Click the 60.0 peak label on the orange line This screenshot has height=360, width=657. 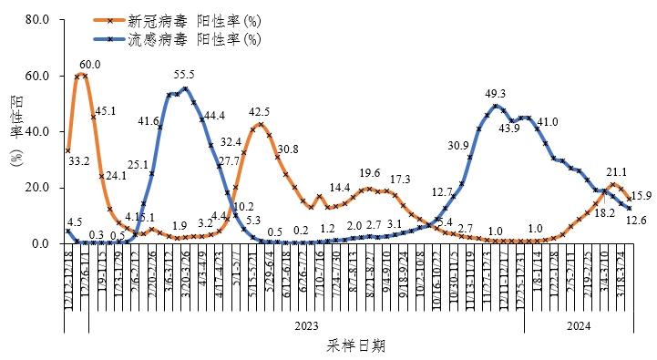89,65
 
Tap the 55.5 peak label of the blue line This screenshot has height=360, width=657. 184,75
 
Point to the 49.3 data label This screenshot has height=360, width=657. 496,93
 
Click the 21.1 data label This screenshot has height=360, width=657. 616,171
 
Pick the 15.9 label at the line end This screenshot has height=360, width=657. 641,196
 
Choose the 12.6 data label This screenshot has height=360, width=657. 636,220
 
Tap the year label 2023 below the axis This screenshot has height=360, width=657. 306,325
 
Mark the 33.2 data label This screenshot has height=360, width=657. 79,161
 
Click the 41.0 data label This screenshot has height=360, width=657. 547,122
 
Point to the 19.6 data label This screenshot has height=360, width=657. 369,173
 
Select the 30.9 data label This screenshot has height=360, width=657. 458,146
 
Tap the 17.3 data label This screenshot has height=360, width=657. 400,180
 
